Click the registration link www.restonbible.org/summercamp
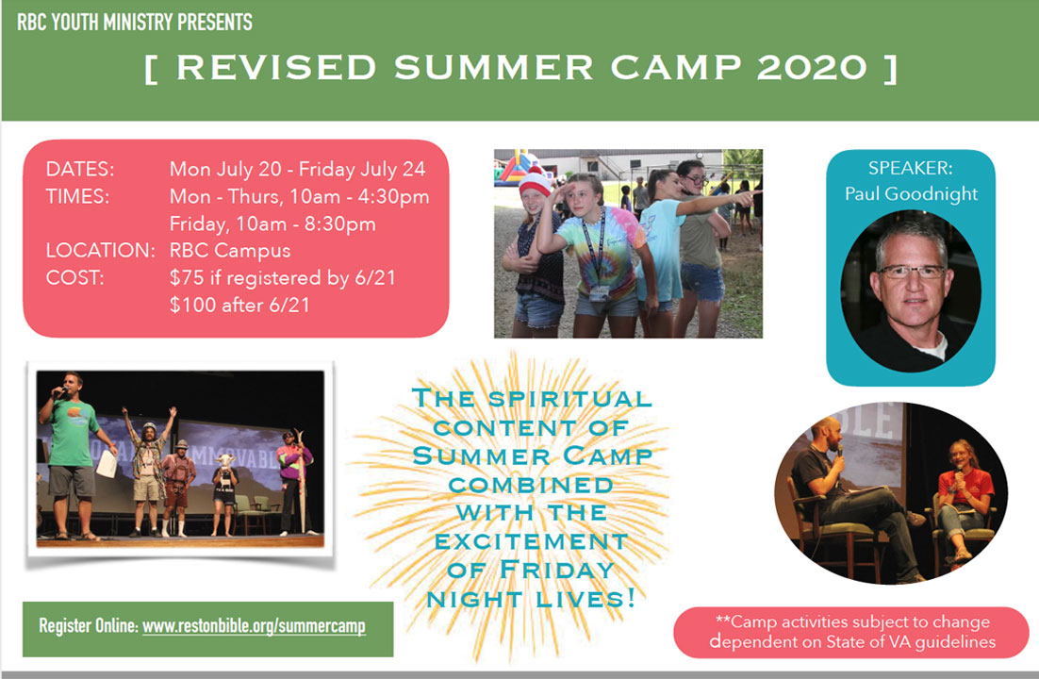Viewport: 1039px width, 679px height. [x=254, y=626]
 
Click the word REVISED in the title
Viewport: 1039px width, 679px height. [x=276, y=68]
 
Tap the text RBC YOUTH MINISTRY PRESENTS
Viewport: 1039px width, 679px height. [x=135, y=23]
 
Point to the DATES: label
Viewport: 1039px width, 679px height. [x=79, y=169]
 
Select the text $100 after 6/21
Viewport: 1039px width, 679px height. [x=239, y=305]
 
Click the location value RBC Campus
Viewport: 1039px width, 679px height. [x=230, y=250]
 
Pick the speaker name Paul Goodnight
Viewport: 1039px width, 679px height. [x=911, y=193]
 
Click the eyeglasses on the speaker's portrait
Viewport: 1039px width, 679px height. [x=912, y=272]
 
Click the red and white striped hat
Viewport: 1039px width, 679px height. [x=535, y=181]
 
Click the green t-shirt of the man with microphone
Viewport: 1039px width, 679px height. [x=73, y=433]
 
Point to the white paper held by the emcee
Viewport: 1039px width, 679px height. [x=107, y=464]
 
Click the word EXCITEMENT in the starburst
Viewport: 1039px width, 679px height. [x=532, y=541]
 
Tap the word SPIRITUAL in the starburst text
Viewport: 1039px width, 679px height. [x=569, y=399]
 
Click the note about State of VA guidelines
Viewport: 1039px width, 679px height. [x=852, y=632]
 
